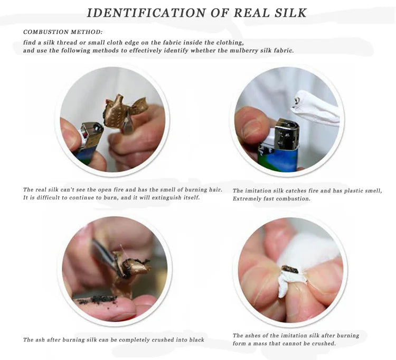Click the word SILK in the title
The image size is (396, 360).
tap(287, 13)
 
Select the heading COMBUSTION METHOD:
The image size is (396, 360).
tap(63, 32)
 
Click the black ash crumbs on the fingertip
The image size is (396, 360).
tap(98, 300)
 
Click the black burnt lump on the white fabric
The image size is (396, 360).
tap(290, 270)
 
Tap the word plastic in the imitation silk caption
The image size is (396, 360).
tap(345, 191)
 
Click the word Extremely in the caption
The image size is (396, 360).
tap(249, 199)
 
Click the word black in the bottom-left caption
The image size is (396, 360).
tap(196, 339)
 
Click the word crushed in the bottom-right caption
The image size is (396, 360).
tap(323, 343)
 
